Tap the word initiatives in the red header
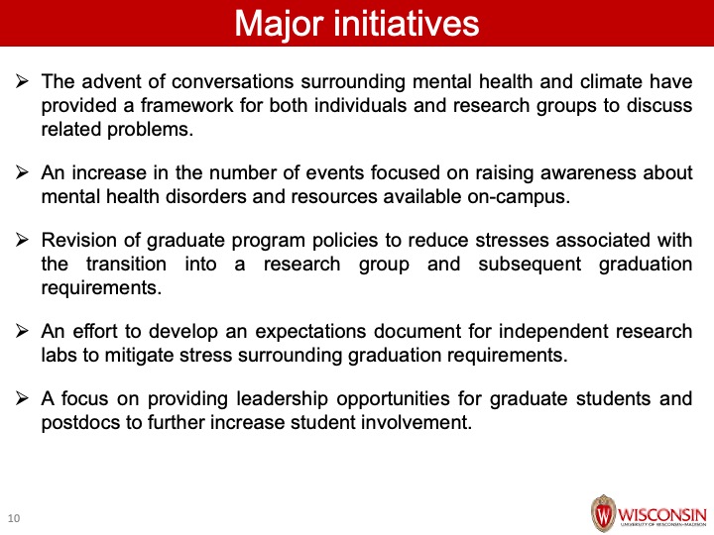(x=407, y=23)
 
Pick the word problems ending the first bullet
(x=151, y=130)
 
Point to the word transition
(x=126, y=264)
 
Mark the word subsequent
(x=530, y=265)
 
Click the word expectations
(x=310, y=332)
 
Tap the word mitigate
(x=139, y=356)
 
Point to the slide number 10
(x=14, y=518)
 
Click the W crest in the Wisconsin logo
(x=603, y=513)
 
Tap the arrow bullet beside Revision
(x=22, y=240)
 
